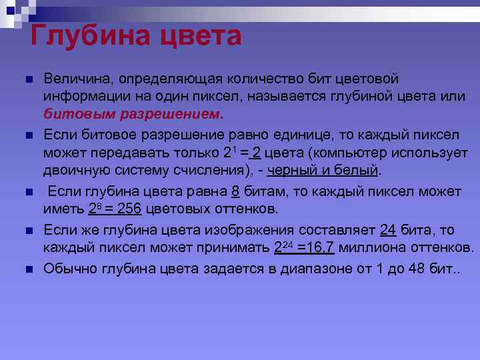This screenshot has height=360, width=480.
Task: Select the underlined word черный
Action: (290, 170)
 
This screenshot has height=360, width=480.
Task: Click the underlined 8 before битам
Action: (235, 192)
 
